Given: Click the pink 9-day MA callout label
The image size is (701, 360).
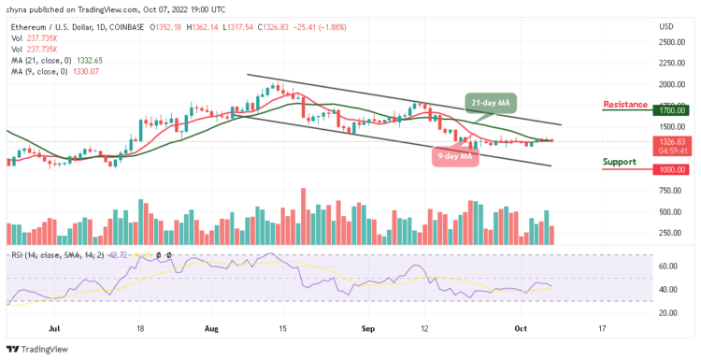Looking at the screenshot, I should point(455,157).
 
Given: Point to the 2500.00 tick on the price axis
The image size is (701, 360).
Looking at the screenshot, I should point(672,41).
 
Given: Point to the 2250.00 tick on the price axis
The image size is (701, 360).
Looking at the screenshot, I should point(672,63).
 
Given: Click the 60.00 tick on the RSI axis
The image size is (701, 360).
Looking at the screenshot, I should point(667,266).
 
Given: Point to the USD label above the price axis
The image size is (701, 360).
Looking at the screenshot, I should point(667,26).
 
